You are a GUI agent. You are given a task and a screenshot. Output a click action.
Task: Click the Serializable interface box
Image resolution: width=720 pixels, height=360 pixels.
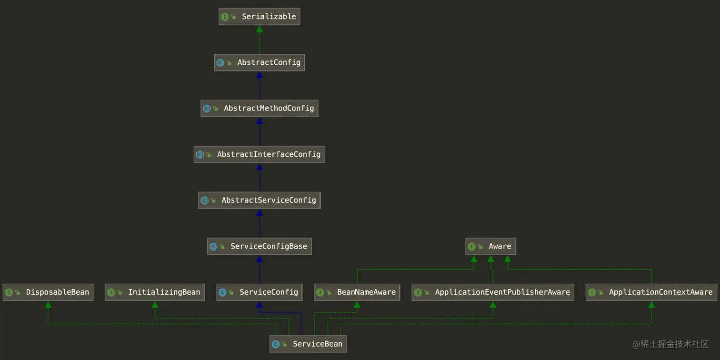[x=260, y=17]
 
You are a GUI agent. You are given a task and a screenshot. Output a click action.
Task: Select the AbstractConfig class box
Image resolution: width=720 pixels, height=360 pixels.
[x=260, y=62]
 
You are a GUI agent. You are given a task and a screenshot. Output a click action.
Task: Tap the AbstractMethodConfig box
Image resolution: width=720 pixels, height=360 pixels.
[x=260, y=109]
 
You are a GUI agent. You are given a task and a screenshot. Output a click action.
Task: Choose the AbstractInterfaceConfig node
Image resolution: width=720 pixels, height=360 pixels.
[x=260, y=154]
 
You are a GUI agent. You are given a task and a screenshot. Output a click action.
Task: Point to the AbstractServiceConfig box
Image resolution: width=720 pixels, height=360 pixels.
[x=260, y=200]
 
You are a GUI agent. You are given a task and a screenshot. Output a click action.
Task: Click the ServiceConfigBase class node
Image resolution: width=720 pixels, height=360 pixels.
[x=260, y=246]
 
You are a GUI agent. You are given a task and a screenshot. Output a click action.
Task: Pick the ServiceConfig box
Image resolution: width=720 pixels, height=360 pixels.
[x=260, y=292]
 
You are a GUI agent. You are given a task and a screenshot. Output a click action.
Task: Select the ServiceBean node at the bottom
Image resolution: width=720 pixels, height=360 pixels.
[x=308, y=344]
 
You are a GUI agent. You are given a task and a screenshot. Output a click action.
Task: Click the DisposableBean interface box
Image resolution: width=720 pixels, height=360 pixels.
[x=48, y=292]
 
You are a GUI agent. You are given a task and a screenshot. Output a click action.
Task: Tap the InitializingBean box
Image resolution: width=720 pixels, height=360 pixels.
[x=155, y=292]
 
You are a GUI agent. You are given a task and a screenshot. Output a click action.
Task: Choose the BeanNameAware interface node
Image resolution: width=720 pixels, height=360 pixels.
[x=357, y=292]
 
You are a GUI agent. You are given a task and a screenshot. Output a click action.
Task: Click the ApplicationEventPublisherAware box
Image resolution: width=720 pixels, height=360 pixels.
[x=493, y=292]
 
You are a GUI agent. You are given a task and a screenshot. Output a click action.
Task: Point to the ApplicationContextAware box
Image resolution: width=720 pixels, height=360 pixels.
[x=651, y=292]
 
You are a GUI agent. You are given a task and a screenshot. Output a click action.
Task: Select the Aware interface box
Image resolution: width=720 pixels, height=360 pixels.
[x=490, y=246]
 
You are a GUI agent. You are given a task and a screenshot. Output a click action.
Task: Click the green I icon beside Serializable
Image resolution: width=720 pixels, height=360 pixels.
[x=225, y=17]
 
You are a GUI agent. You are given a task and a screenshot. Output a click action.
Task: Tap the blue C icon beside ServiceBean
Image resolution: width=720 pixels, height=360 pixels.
[x=276, y=344]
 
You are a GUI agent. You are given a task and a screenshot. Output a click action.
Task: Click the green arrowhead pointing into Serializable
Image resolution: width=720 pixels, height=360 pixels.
[x=260, y=29]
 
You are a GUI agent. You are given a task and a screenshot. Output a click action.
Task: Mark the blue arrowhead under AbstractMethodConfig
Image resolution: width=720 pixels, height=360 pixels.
[x=260, y=121]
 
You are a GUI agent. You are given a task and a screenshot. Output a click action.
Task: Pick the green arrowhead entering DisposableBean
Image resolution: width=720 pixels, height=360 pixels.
[x=48, y=305]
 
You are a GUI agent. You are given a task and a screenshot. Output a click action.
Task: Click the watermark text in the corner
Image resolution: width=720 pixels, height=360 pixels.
[x=670, y=344]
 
